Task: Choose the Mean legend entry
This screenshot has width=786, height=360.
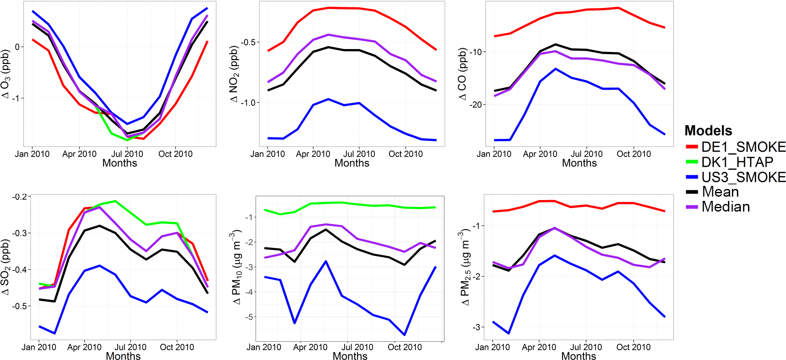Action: click(720, 192)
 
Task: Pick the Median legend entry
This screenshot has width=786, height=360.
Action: click(725, 207)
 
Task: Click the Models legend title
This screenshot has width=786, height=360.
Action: click(708, 131)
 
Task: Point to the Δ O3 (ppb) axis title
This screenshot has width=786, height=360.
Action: click(6, 74)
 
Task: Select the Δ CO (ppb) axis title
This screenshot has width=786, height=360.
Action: click(463, 74)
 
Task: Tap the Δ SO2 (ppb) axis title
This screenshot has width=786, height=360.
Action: click(6, 267)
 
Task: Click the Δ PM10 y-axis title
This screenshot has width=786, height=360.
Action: click(236, 267)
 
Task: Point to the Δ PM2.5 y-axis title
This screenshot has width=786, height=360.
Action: click(465, 267)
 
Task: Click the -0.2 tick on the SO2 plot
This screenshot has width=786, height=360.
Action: click(20, 197)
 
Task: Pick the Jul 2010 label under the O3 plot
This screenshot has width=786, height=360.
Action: click(127, 154)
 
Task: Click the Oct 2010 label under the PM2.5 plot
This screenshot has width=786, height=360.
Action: click(633, 347)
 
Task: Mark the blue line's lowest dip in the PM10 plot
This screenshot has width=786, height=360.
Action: click(404, 335)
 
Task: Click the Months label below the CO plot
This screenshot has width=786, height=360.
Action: click(579, 163)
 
